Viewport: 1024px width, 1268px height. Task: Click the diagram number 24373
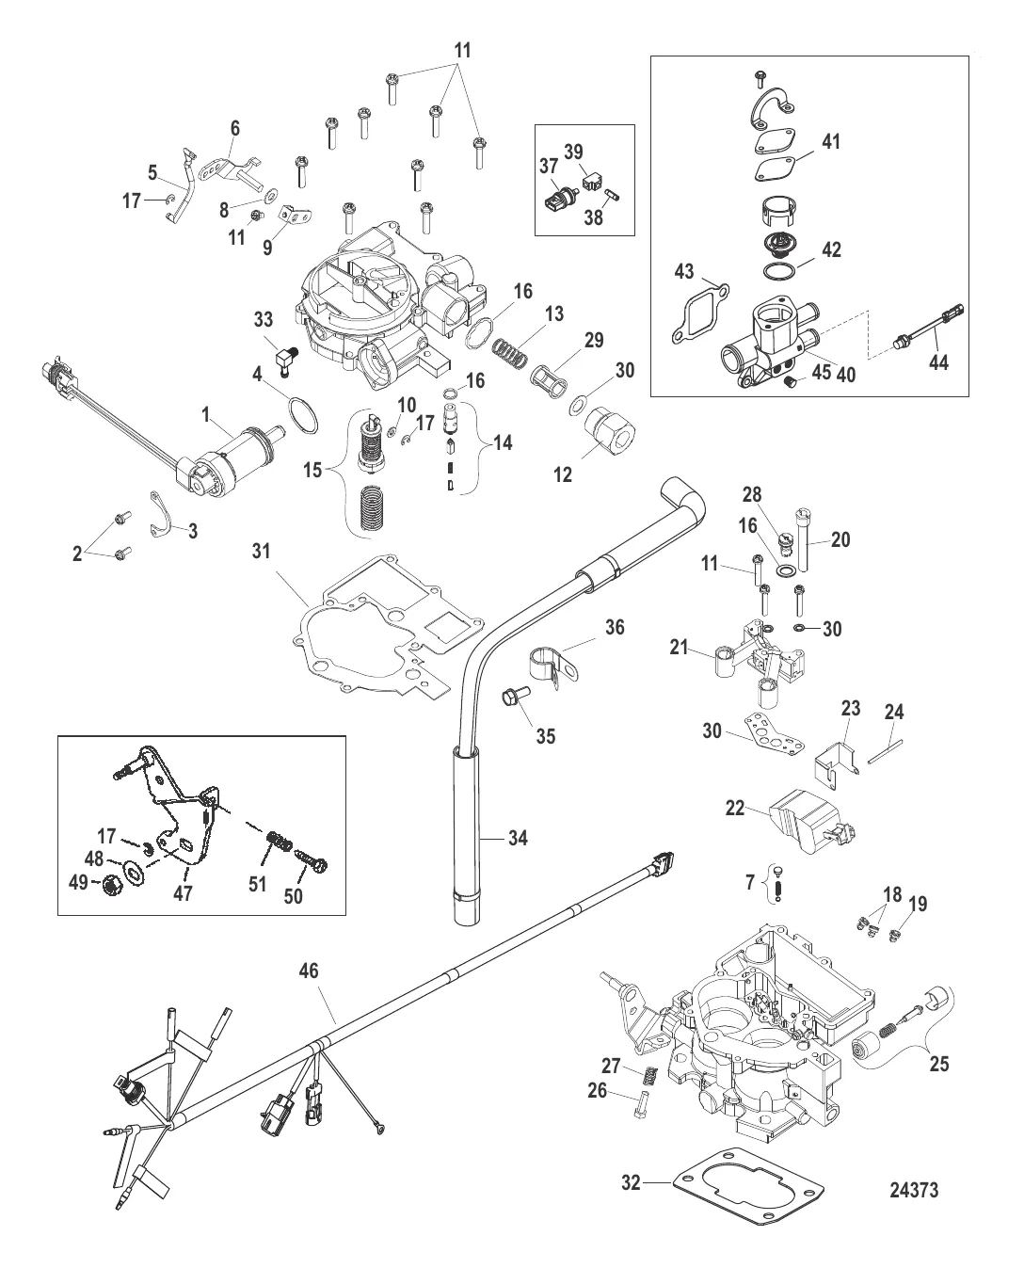coord(914,1190)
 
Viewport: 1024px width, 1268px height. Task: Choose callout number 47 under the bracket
coord(183,892)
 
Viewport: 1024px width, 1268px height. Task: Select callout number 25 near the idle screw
coord(938,1065)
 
